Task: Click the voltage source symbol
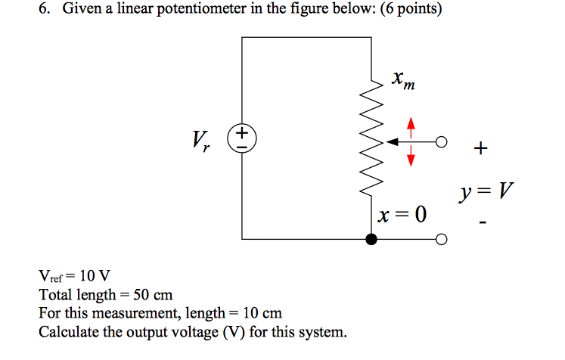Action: click(242, 141)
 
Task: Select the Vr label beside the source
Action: click(201, 140)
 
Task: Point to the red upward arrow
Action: click(411, 126)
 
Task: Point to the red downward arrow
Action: click(411, 156)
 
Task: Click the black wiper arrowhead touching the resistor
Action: click(391, 141)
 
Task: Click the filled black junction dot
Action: click(371, 240)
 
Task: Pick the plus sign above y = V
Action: click(480, 148)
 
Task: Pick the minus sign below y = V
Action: click(483, 223)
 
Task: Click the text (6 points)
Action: click(404, 11)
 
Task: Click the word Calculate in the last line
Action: click(69, 331)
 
